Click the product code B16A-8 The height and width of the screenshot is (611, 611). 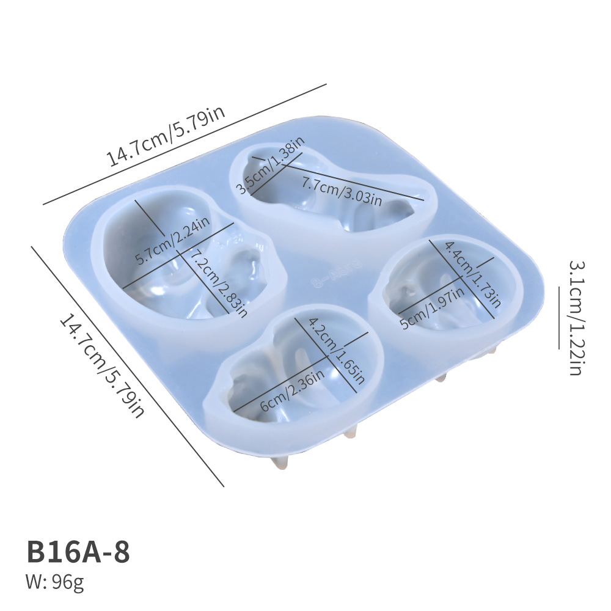tap(78, 552)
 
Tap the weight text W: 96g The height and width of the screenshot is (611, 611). tap(55, 583)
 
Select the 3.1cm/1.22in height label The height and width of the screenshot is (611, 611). tap(577, 318)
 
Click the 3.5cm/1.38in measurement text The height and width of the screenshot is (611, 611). tap(271, 166)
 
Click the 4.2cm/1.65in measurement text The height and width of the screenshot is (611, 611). tap(336, 351)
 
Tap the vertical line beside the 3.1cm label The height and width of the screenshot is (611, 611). tap(558, 318)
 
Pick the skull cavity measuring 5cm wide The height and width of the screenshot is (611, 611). tap(449, 287)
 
